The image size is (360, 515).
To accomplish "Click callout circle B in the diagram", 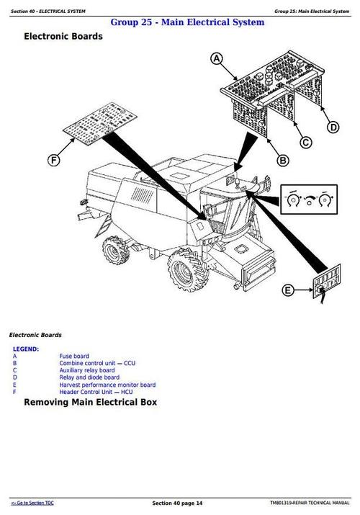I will pyautogui.click(x=283, y=160).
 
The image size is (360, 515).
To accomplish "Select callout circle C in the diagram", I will pyautogui.click(x=306, y=142).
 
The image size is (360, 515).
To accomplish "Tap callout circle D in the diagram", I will pyautogui.click(x=333, y=127).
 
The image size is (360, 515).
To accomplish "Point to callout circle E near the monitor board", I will pyautogui.click(x=288, y=290).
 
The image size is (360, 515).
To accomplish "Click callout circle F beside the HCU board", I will pyautogui.click(x=53, y=161).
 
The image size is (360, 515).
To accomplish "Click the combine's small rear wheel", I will pyautogui.click(x=114, y=250).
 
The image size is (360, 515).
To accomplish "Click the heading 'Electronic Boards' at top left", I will pyautogui.click(x=63, y=36).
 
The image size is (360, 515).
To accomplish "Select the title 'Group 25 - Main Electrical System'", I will pyautogui.click(x=187, y=22).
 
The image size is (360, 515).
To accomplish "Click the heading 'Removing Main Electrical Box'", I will pyautogui.click(x=90, y=402).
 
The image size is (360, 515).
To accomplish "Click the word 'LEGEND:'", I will pyautogui.click(x=26, y=349).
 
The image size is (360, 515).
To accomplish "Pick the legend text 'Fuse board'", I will pyautogui.click(x=74, y=356).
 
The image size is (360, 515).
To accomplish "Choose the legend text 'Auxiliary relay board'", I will pyautogui.click(x=86, y=370).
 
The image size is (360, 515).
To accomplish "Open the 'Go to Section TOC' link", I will pyautogui.click(x=32, y=502).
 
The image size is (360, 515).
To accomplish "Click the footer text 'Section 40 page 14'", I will pyautogui.click(x=177, y=502).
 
